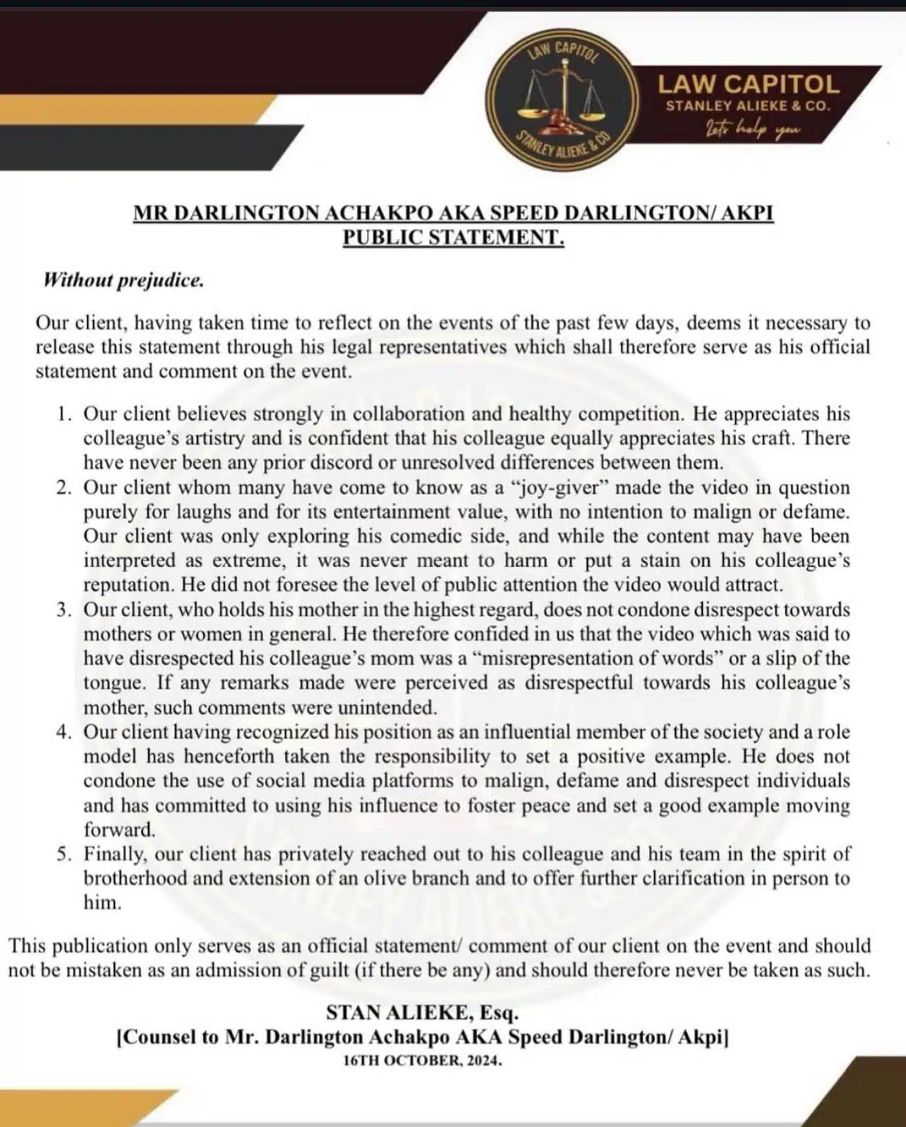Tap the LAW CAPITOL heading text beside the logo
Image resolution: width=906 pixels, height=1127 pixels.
pos(749,85)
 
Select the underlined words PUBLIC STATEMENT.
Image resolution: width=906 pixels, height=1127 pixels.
pos(454,237)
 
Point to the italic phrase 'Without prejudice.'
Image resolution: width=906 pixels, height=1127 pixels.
pos(123,280)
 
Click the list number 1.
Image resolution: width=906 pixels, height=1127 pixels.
pos(64,414)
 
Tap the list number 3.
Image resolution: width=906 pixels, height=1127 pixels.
pos(64,609)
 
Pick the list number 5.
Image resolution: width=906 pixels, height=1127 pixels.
pos(64,854)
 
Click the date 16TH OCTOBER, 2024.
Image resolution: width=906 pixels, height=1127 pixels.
pos(422,1061)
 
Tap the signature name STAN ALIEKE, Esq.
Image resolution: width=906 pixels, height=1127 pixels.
pos(422,1013)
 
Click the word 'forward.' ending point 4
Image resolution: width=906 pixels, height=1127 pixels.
pos(119,830)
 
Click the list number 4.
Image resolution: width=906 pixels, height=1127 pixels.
pos(64,732)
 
